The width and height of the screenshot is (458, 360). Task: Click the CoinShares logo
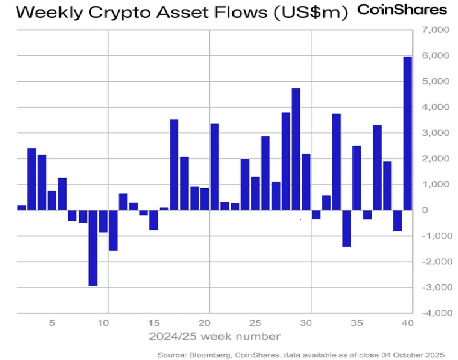pos(402,9)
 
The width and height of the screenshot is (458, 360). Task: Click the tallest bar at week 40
pos(408,133)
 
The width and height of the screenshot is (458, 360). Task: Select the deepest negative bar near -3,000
pos(93,248)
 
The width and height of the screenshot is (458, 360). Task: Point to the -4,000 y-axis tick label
pos(434,313)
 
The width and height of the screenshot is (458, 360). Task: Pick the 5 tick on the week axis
pos(52,323)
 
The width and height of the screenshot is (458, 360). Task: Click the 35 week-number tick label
pos(357,323)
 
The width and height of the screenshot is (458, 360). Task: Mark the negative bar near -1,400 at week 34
pos(347,228)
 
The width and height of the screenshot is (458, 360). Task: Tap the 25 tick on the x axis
pos(255,323)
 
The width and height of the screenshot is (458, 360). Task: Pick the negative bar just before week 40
pos(398,220)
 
